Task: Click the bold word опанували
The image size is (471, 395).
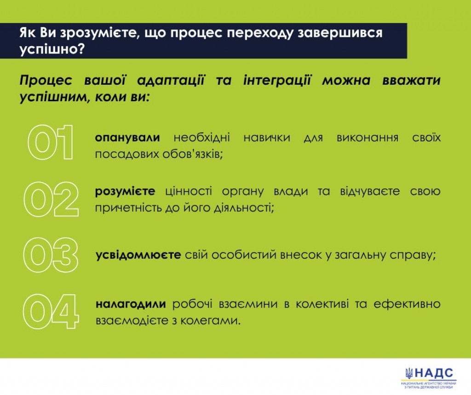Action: click(x=127, y=138)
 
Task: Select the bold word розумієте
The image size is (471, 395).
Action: click(x=125, y=192)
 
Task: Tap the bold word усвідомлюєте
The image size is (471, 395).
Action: click(x=138, y=255)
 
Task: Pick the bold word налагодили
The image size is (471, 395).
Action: click(x=131, y=304)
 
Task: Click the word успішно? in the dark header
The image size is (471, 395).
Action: click(x=52, y=49)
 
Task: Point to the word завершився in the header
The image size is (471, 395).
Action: click(x=340, y=33)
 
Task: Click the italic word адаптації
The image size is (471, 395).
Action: click(x=171, y=81)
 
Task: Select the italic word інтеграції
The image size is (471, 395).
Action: click(x=276, y=81)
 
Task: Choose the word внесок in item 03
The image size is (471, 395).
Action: click(x=301, y=255)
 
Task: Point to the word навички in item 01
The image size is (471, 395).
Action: click(x=267, y=138)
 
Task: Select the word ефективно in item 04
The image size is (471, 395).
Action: click(x=407, y=304)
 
